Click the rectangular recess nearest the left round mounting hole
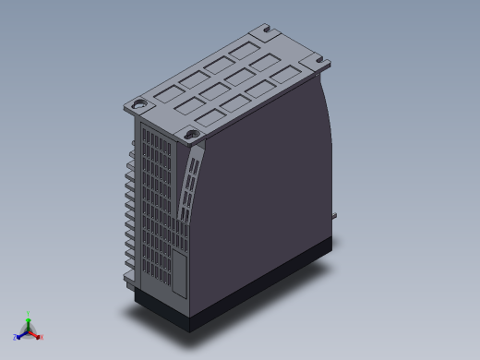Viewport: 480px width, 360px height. click(x=167, y=94)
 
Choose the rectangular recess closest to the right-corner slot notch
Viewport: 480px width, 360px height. click(x=286, y=75)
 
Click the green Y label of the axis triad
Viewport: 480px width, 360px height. click(x=29, y=313)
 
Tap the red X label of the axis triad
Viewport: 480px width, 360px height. click(x=42, y=337)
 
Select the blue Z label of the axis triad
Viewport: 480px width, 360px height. click(x=15, y=338)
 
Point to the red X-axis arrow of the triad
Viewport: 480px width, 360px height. click(x=35, y=333)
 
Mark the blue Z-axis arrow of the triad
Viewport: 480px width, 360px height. click(x=21, y=333)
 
